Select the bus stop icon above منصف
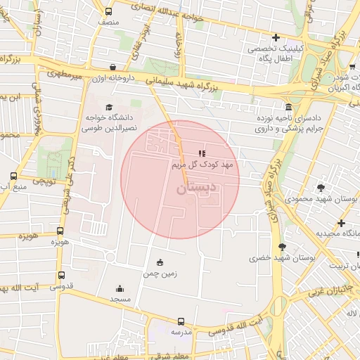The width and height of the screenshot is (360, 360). pyautogui.click(x=108, y=11)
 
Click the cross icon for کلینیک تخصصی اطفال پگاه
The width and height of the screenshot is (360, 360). pyautogui.click(x=276, y=38)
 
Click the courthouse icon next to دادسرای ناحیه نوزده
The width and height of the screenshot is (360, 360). pyautogui.click(x=289, y=107)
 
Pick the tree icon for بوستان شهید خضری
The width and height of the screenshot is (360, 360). pyautogui.click(x=283, y=247)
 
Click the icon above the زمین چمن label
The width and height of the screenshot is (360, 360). pyautogui.click(x=160, y=262)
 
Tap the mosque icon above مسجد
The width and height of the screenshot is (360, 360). pyautogui.click(x=119, y=288)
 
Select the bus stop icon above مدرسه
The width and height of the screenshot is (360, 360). pyautogui.click(x=181, y=320)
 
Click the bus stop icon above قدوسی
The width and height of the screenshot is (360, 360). pyautogui.click(x=61, y=276)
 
